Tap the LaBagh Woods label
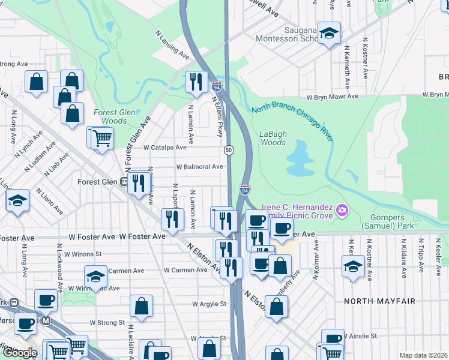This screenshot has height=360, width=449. [x=273, y=138]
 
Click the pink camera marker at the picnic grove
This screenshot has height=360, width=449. [x=342, y=209]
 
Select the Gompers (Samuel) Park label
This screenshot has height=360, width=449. [x=387, y=220]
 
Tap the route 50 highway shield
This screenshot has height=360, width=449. [x=229, y=149]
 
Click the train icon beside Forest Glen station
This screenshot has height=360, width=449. [x=124, y=182]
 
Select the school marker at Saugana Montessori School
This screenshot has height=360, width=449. [x=328, y=34]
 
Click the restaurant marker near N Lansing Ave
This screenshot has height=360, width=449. [x=196, y=82]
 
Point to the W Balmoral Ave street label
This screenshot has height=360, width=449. [x=199, y=167]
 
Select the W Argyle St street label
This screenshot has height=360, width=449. [x=209, y=304]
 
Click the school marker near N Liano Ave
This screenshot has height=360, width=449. [x=18, y=201]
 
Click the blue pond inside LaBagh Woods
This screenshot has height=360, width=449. [x=301, y=161]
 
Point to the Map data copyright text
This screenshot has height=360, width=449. [x=423, y=355]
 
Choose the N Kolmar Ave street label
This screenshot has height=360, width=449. [x=314, y=264]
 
